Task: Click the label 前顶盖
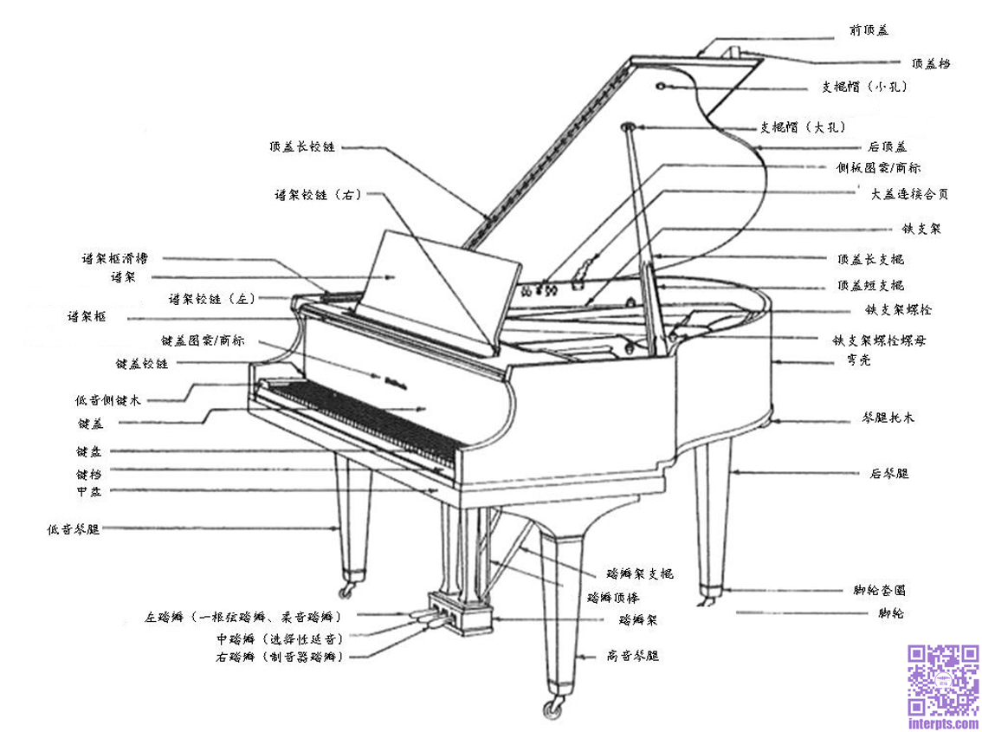click(x=869, y=30)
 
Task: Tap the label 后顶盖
click(x=887, y=146)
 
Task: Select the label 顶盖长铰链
click(x=300, y=146)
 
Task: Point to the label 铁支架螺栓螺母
click(x=889, y=340)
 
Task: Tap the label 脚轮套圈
click(x=879, y=591)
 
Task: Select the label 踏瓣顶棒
click(x=613, y=597)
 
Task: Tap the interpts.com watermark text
click(x=943, y=721)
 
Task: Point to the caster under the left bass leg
click(x=349, y=591)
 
